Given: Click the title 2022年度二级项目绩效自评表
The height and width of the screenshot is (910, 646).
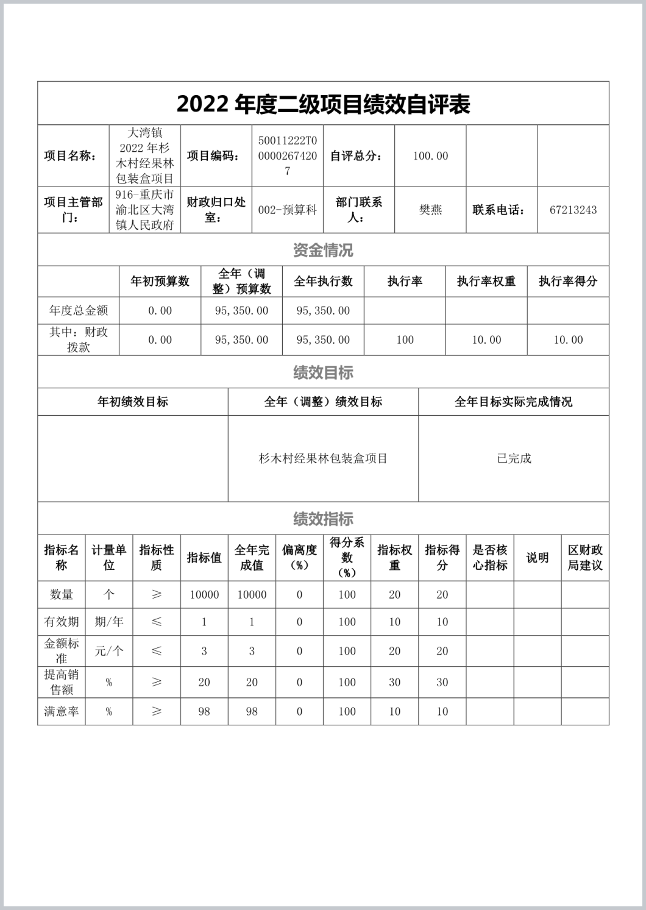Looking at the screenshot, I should (323, 104).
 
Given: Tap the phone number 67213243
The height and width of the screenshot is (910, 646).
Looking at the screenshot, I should (573, 210).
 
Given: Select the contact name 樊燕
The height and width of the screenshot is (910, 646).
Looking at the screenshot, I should (430, 210).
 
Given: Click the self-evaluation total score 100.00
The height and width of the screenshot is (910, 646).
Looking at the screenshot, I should (430, 156).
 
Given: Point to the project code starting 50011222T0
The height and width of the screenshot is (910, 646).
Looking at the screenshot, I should (288, 155).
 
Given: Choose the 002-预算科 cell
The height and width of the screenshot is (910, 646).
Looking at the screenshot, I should (288, 210).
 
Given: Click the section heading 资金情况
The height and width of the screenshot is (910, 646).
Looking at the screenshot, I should (323, 250).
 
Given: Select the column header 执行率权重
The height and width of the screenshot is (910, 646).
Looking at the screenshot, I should (486, 281).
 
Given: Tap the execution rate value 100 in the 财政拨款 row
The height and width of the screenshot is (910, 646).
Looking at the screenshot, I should (405, 339).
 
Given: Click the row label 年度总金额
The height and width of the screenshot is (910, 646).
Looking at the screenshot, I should (79, 310).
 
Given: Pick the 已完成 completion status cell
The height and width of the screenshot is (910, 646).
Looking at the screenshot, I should (514, 458).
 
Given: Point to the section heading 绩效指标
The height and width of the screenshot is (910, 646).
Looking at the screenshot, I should (323, 519).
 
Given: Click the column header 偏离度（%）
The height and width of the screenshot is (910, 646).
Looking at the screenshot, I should (299, 557).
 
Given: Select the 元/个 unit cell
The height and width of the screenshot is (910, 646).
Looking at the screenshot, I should (109, 651).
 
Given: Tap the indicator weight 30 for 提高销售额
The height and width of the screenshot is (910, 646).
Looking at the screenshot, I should (395, 682).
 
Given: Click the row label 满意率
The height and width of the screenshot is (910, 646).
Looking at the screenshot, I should (62, 711).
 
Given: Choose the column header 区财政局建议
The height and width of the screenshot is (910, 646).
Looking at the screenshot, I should (585, 557).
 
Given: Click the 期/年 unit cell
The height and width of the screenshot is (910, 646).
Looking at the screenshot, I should (109, 622).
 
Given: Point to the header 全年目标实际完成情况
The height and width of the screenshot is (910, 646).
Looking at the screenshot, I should (513, 402).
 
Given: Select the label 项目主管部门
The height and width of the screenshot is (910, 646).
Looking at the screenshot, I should (73, 210).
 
